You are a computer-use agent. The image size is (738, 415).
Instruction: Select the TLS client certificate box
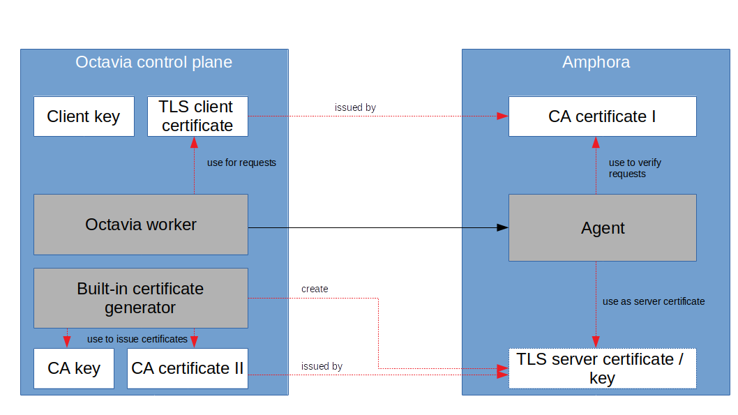197,116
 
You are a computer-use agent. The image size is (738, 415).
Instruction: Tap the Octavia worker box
141,225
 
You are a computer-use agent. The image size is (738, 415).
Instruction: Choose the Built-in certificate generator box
141,298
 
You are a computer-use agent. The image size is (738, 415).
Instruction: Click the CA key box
74,368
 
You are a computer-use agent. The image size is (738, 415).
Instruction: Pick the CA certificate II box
187,368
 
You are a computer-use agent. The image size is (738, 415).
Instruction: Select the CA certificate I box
602,116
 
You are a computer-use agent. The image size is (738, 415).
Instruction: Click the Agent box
602,228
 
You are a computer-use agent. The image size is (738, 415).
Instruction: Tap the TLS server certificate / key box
602,368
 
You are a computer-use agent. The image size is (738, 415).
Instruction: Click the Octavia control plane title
153,62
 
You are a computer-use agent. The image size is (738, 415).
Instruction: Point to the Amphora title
596,62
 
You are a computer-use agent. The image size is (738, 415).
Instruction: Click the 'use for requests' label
241,163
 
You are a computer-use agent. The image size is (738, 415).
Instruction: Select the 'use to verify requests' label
635,168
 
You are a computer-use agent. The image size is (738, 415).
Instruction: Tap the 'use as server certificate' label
654,301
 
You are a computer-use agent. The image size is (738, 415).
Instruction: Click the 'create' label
315,289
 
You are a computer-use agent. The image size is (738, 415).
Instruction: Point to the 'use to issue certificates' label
137,339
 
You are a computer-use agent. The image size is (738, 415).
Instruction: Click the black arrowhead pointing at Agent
502,228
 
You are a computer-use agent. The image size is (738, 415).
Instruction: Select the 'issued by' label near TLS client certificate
355,107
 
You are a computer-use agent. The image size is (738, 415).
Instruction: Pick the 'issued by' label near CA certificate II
322,366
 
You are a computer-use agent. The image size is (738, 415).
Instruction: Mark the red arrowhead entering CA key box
67,342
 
